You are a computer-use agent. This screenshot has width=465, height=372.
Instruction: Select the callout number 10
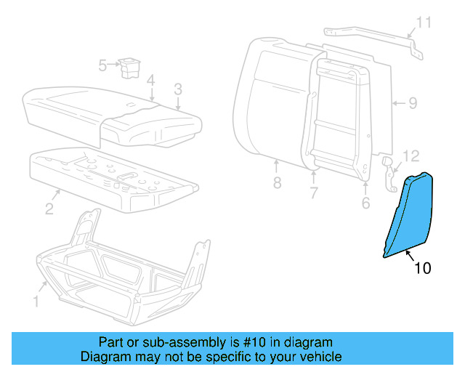click(x=422, y=269)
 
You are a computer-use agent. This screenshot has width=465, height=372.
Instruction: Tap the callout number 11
click(x=423, y=23)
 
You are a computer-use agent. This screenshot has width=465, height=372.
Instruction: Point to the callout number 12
click(x=411, y=155)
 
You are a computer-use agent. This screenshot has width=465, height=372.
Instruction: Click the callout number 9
click(x=412, y=103)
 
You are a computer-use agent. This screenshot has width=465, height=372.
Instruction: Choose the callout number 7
click(x=314, y=193)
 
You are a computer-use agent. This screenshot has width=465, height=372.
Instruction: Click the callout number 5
click(x=102, y=66)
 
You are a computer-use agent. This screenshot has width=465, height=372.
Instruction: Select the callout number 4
click(x=150, y=80)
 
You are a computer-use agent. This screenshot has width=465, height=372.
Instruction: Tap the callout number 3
click(x=177, y=89)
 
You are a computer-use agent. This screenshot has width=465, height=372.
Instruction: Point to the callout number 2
click(x=49, y=209)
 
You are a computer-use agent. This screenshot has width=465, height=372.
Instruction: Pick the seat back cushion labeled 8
click(x=269, y=102)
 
